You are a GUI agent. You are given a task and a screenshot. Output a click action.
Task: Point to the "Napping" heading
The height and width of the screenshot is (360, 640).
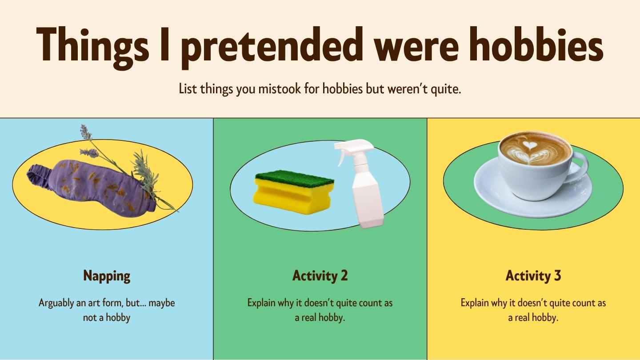pyautogui.click(x=107, y=276)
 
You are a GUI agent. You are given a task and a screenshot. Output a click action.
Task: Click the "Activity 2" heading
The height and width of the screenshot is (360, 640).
pyautogui.click(x=320, y=276)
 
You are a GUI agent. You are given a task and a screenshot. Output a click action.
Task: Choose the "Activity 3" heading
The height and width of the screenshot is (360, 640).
pyautogui.click(x=533, y=276)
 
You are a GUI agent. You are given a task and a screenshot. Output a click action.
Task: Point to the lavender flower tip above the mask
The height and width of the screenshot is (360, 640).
pyautogui.click(x=84, y=132)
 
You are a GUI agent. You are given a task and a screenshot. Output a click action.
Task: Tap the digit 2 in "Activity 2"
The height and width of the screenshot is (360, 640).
pyautogui.click(x=344, y=276)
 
